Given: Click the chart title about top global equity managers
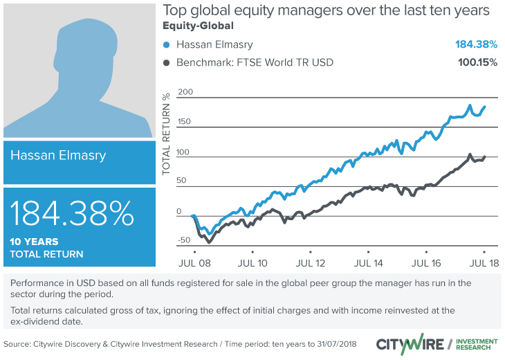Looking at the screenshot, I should (x=326, y=12).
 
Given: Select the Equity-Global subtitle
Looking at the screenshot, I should (x=197, y=27).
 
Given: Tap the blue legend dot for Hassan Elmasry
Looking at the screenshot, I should (x=167, y=45).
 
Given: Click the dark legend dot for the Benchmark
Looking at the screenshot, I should (x=167, y=63).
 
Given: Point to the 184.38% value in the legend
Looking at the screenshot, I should (x=476, y=45).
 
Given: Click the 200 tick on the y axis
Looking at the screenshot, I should (x=185, y=92).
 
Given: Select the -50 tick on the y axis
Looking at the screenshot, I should (x=183, y=241).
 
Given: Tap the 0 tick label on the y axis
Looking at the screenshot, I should (x=179, y=211).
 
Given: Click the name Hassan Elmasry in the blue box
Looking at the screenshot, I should (x=58, y=156).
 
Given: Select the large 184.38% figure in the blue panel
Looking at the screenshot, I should (x=73, y=215).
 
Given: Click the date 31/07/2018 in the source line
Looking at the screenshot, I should (x=333, y=344).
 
